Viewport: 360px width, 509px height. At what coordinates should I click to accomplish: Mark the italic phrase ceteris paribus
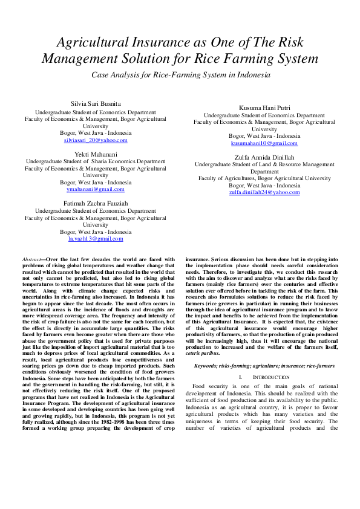203,352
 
